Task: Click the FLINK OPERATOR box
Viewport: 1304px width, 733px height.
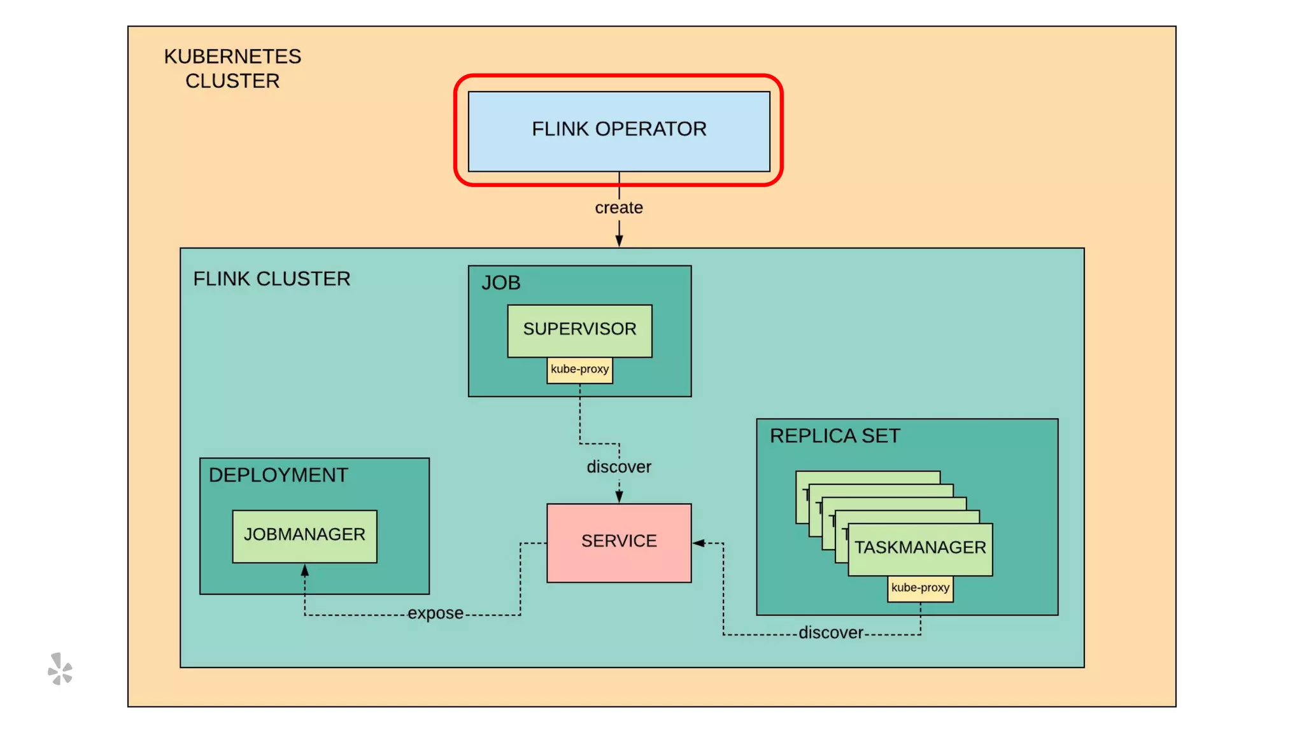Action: click(x=619, y=131)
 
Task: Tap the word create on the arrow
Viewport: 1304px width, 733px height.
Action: click(x=619, y=208)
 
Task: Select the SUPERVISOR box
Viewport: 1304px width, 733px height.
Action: click(x=579, y=330)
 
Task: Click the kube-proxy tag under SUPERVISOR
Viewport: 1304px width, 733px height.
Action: click(x=579, y=370)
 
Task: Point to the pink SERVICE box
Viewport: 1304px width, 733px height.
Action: click(x=619, y=542)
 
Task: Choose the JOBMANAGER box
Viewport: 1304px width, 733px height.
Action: click(x=304, y=536)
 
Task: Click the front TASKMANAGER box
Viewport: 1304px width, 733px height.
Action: click(x=920, y=548)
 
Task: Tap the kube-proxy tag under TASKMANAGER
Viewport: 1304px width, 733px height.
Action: click(x=920, y=588)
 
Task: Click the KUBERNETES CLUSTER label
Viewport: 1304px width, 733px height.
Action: click(x=232, y=69)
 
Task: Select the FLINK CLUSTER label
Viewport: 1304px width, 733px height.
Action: click(x=272, y=279)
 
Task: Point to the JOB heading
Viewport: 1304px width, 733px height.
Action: click(x=501, y=283)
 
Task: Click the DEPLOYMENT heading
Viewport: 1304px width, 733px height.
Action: click(x=278, y=475)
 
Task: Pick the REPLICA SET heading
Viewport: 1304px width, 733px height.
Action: click(x=835, y=436)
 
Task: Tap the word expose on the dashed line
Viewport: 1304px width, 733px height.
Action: click(x=436, y=613)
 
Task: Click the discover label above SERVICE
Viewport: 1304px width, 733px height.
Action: click(x=619, y=467)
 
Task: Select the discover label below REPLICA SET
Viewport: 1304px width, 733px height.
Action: click(x=831, y=633)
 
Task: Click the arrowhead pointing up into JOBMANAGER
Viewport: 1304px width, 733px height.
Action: click(x=304, y=570)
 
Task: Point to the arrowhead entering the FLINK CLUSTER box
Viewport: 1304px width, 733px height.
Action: click(x=619, y=241)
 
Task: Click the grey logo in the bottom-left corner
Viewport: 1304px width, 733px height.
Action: click(x=60, y=669)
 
